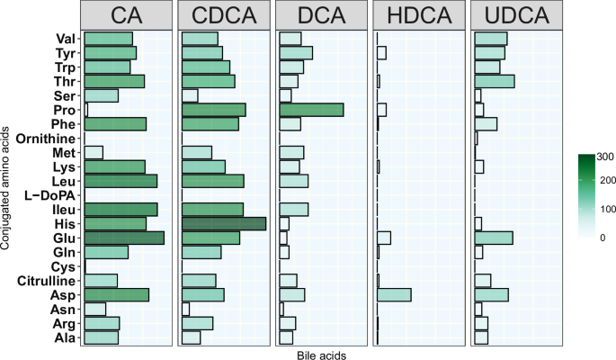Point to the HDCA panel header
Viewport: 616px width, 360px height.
pos(419,15)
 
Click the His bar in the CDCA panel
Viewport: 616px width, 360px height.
pos(224,223)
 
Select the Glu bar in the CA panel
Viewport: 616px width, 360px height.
pos(124,238)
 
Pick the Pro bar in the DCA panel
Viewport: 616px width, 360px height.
pos(312,110)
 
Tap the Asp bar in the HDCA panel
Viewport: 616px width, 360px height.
pos(394,294)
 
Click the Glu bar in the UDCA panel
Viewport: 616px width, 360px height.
pos(494,238)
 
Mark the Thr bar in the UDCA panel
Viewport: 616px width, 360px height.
pos(495,81)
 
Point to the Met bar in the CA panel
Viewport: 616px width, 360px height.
pos(94,152)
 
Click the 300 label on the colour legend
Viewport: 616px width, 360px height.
pos(604,157)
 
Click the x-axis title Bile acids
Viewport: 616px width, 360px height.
pos(321,355)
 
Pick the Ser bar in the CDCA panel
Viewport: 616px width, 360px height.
pos(190,95)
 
